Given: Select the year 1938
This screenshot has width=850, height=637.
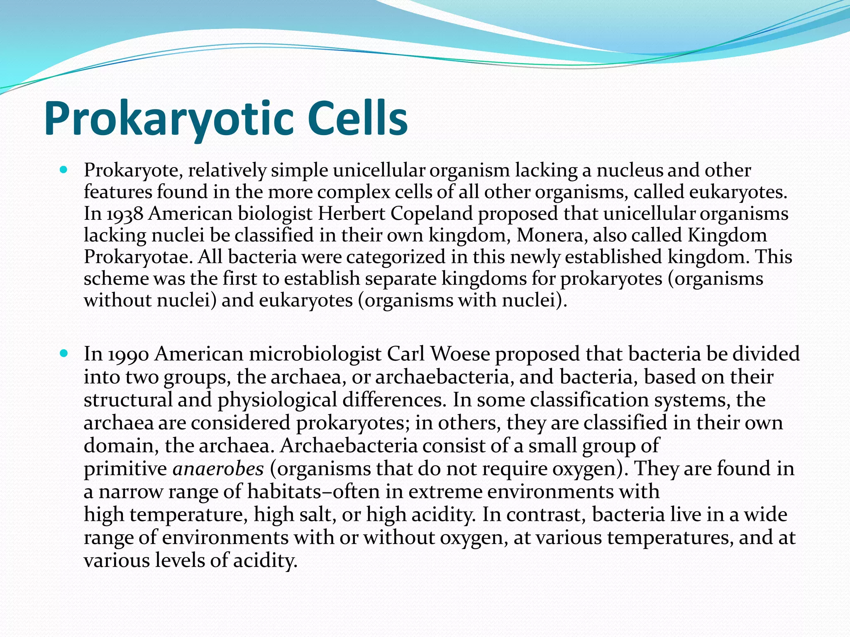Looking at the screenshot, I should point(125,214).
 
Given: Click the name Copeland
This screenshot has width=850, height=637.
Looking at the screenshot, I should point(432,214).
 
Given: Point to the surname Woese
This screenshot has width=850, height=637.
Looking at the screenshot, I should point(460,354).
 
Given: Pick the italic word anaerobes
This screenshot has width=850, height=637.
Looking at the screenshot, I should point(218,469).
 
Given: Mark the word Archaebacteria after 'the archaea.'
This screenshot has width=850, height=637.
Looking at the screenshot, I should point(349,446).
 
